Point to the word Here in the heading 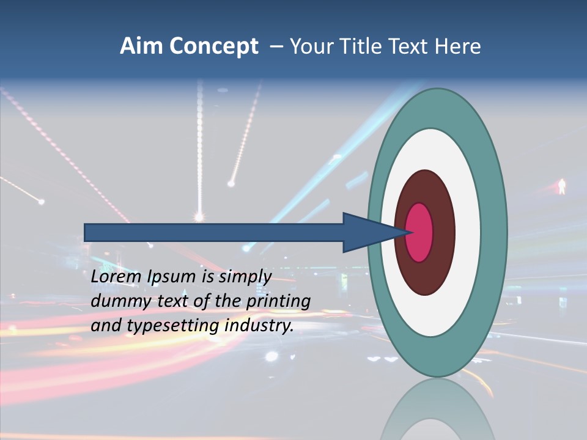coord(459,46)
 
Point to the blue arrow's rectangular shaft coord(214,232)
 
